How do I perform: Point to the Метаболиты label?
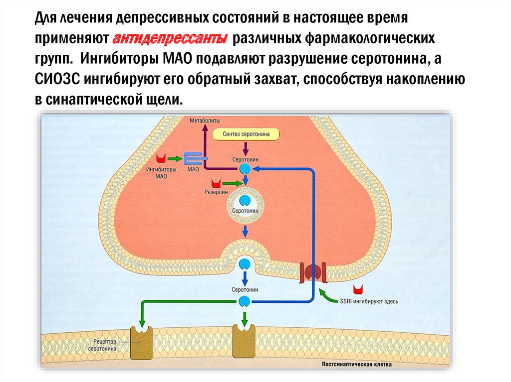click(x=205, y=121)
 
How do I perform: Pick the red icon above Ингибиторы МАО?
click(x=161, y=159)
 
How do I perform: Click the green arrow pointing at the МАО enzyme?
click(x=175, y=158)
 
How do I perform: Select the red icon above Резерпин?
click(x=216, y=183)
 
